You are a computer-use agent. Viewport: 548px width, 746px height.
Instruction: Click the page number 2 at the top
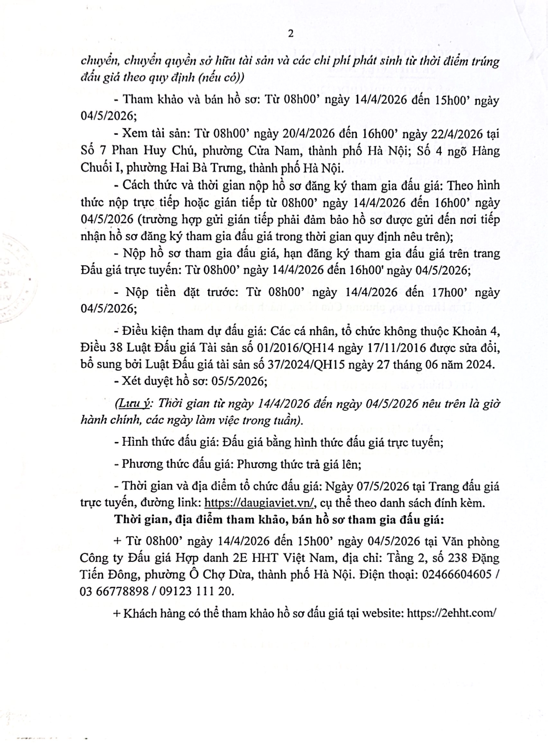(291, 34)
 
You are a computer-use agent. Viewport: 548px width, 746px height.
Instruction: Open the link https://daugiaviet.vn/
(259, 503)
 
